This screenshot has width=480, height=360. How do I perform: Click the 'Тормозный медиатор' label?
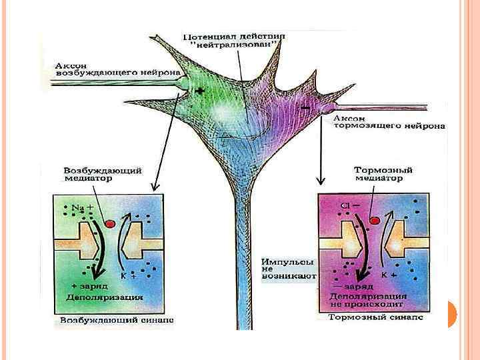377,174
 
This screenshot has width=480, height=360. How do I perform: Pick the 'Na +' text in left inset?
83,208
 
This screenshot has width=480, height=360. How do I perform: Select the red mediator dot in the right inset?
374,220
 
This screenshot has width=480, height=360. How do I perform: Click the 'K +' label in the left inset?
127,274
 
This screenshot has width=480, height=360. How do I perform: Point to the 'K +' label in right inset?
389,274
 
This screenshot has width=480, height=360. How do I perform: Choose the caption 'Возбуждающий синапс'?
117,320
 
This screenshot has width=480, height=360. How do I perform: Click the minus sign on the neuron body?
305,107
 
